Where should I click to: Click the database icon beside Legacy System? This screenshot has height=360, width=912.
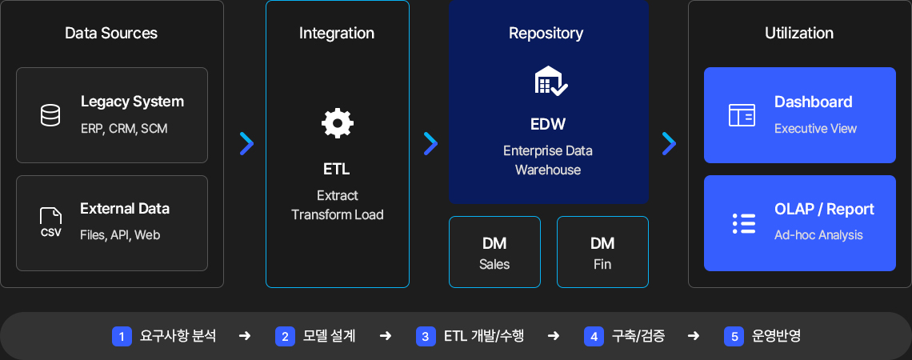50,115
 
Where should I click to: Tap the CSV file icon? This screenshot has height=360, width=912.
50,222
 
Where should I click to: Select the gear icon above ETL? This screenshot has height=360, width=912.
338,123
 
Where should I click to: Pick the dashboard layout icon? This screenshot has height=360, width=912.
742,115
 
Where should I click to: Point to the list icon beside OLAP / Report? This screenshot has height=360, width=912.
744,223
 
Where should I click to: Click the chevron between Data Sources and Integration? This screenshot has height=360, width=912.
246,144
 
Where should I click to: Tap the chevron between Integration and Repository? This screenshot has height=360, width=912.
430,144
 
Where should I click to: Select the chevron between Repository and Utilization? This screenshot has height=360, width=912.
669,144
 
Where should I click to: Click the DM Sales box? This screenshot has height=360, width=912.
494,252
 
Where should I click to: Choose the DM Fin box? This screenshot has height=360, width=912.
602,252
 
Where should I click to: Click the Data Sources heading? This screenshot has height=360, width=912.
111,33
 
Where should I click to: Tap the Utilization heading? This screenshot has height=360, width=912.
799,33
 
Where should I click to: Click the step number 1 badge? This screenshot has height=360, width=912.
122,336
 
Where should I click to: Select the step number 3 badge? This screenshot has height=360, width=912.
426,336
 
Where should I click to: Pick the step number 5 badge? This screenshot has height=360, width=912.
734,336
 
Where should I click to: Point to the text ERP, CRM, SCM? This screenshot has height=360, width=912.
124,129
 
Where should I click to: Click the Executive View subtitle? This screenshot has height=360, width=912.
815,129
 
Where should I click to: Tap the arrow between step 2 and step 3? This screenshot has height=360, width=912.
385,336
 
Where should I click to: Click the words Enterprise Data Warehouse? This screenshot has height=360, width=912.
548,161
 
